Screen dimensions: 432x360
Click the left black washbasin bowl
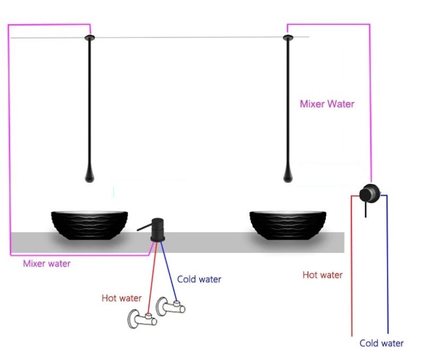click(90, 225)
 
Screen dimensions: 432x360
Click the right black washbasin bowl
click(288, 225)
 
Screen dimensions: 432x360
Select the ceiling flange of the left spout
click(90, 38)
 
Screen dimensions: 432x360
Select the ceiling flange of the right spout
click(288, 38)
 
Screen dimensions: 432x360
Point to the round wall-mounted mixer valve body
click(370, 193)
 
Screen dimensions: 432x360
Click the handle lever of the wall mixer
click(366, 210)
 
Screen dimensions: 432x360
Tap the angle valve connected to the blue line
click(171, 306)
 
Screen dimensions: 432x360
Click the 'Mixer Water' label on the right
click(327, 104)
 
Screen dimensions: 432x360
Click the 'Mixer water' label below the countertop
click(47, 264)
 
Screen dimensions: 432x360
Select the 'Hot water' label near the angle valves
click(121, 298)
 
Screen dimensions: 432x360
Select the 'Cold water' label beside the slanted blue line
click(199, 279)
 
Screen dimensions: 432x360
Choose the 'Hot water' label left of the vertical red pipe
click(323, 275)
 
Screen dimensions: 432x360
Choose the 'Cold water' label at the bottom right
click(382, 343)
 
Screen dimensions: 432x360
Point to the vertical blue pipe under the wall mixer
click(387, 265)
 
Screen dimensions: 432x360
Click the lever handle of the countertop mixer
click(144, 227)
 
